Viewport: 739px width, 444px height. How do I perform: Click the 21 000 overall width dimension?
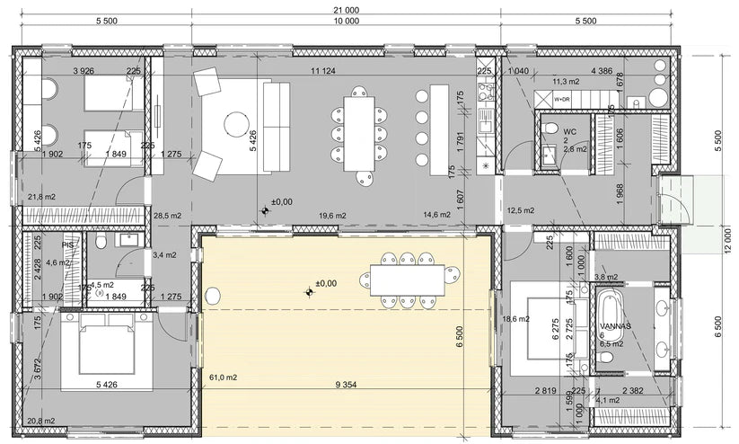point(345,9)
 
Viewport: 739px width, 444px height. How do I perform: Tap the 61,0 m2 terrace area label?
point(222,377)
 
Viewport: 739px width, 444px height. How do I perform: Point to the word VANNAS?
point(617,324)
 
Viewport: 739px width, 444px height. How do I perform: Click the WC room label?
point(544,130)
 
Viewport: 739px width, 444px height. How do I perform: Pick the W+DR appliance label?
point(562,99)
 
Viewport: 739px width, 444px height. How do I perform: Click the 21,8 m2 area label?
point(41,197)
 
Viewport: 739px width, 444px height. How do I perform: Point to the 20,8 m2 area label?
point(41,421)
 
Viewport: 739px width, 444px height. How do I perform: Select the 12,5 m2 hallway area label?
point(521,211)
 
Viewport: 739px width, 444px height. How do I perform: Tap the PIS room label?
point(67,244)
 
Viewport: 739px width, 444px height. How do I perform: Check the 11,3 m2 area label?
point(566,81)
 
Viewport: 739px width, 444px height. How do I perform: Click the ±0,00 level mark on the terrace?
point(325,283)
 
